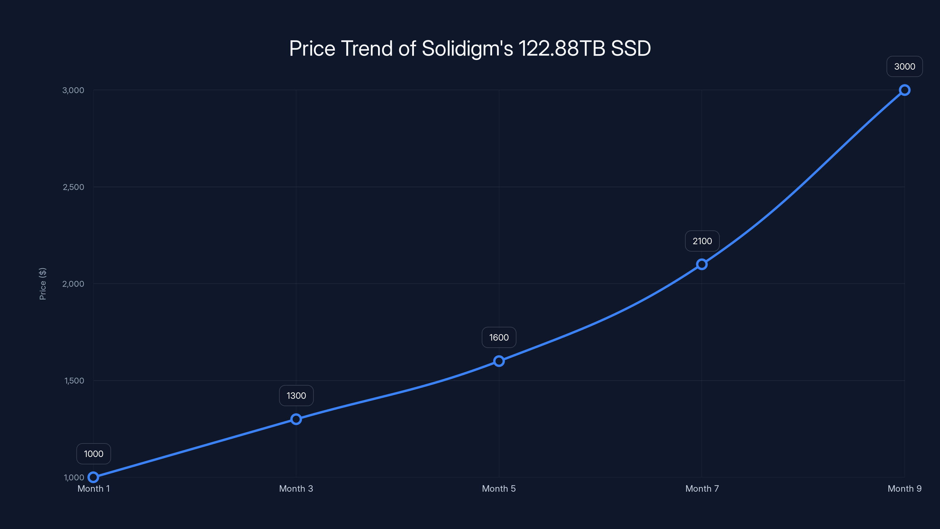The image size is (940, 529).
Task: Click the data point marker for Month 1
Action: (x=93, y=477)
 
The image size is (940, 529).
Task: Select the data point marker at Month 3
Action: (x=296, y=419)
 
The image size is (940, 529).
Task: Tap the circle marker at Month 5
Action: (x=499, y=361)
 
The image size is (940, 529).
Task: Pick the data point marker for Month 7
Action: (x=702, y=264)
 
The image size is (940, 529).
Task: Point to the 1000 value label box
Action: (x=93, y=454)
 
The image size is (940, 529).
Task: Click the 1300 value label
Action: (x=296, y=396)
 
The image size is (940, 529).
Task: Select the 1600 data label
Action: (x=499, y=337)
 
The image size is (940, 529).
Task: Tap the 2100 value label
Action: (x=702, y=241)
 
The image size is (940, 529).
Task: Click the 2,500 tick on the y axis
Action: (x=73, y=187)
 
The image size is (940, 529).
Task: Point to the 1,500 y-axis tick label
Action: (x=74, y=381)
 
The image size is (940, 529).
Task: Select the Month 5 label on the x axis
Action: (x=499, y=489)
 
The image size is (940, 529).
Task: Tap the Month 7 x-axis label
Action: (x=702, y=489)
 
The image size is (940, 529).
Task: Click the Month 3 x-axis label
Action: (x=296, y=489)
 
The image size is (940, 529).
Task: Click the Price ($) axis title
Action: (x=43, y=284)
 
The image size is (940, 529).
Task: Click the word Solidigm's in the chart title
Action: (x=467, y=48)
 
